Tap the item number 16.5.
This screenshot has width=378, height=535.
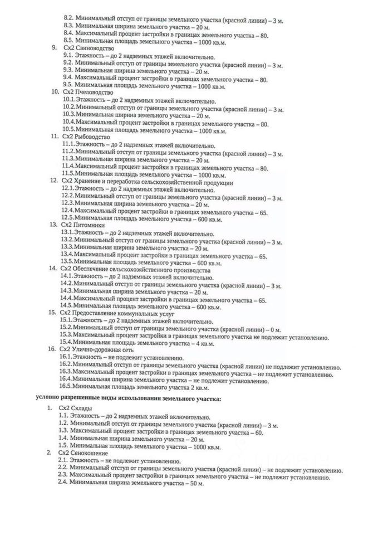pyautogui.click(x=65, y=386)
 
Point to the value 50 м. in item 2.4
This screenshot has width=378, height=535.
pyautogui.click(x=198, y=483)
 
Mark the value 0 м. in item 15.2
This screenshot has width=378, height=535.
pyautogui.click(x=274, y=327)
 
